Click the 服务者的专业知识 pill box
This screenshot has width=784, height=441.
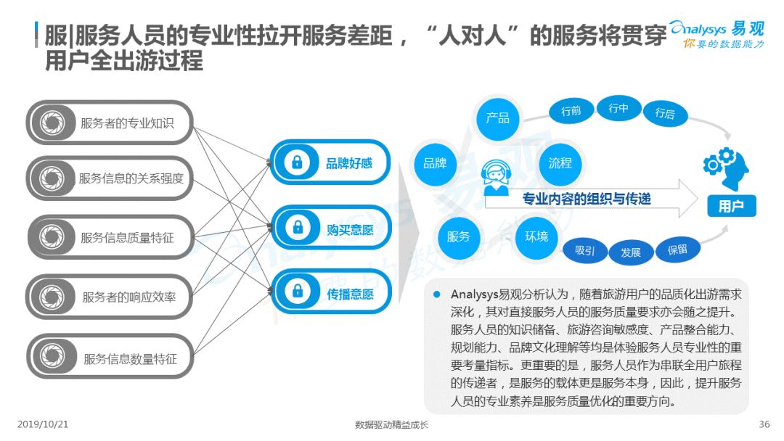[x=110, y=123]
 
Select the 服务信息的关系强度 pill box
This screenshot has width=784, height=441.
[x=110, y=178]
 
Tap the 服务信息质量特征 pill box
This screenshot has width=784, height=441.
[x=110, y=237]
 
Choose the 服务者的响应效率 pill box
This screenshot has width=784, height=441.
[x=110, y=297]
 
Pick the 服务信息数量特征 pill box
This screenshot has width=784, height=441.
[x=110, y=357]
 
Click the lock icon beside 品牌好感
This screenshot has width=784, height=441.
[x=297, y=162]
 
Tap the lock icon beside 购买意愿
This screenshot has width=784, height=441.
[x=298, y=227]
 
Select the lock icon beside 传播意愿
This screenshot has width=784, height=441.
[x=298, y=290]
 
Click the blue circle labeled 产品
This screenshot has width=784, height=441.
[x=497, y=118]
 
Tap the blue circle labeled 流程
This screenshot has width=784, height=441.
[x=560, y=163]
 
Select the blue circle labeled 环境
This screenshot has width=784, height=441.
[x=536, y=237]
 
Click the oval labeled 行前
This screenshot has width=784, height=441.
[x=571, y=111]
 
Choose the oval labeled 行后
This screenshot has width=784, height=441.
[x=665, y=113]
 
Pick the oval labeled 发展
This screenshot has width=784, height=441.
[x=631, y=252]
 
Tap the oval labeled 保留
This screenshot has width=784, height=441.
[x=677, y=250]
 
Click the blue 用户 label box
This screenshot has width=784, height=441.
[x=732, y=206]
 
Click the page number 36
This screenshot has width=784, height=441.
[x=764, y=424]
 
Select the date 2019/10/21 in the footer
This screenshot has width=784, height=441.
[x=43, y=424]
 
